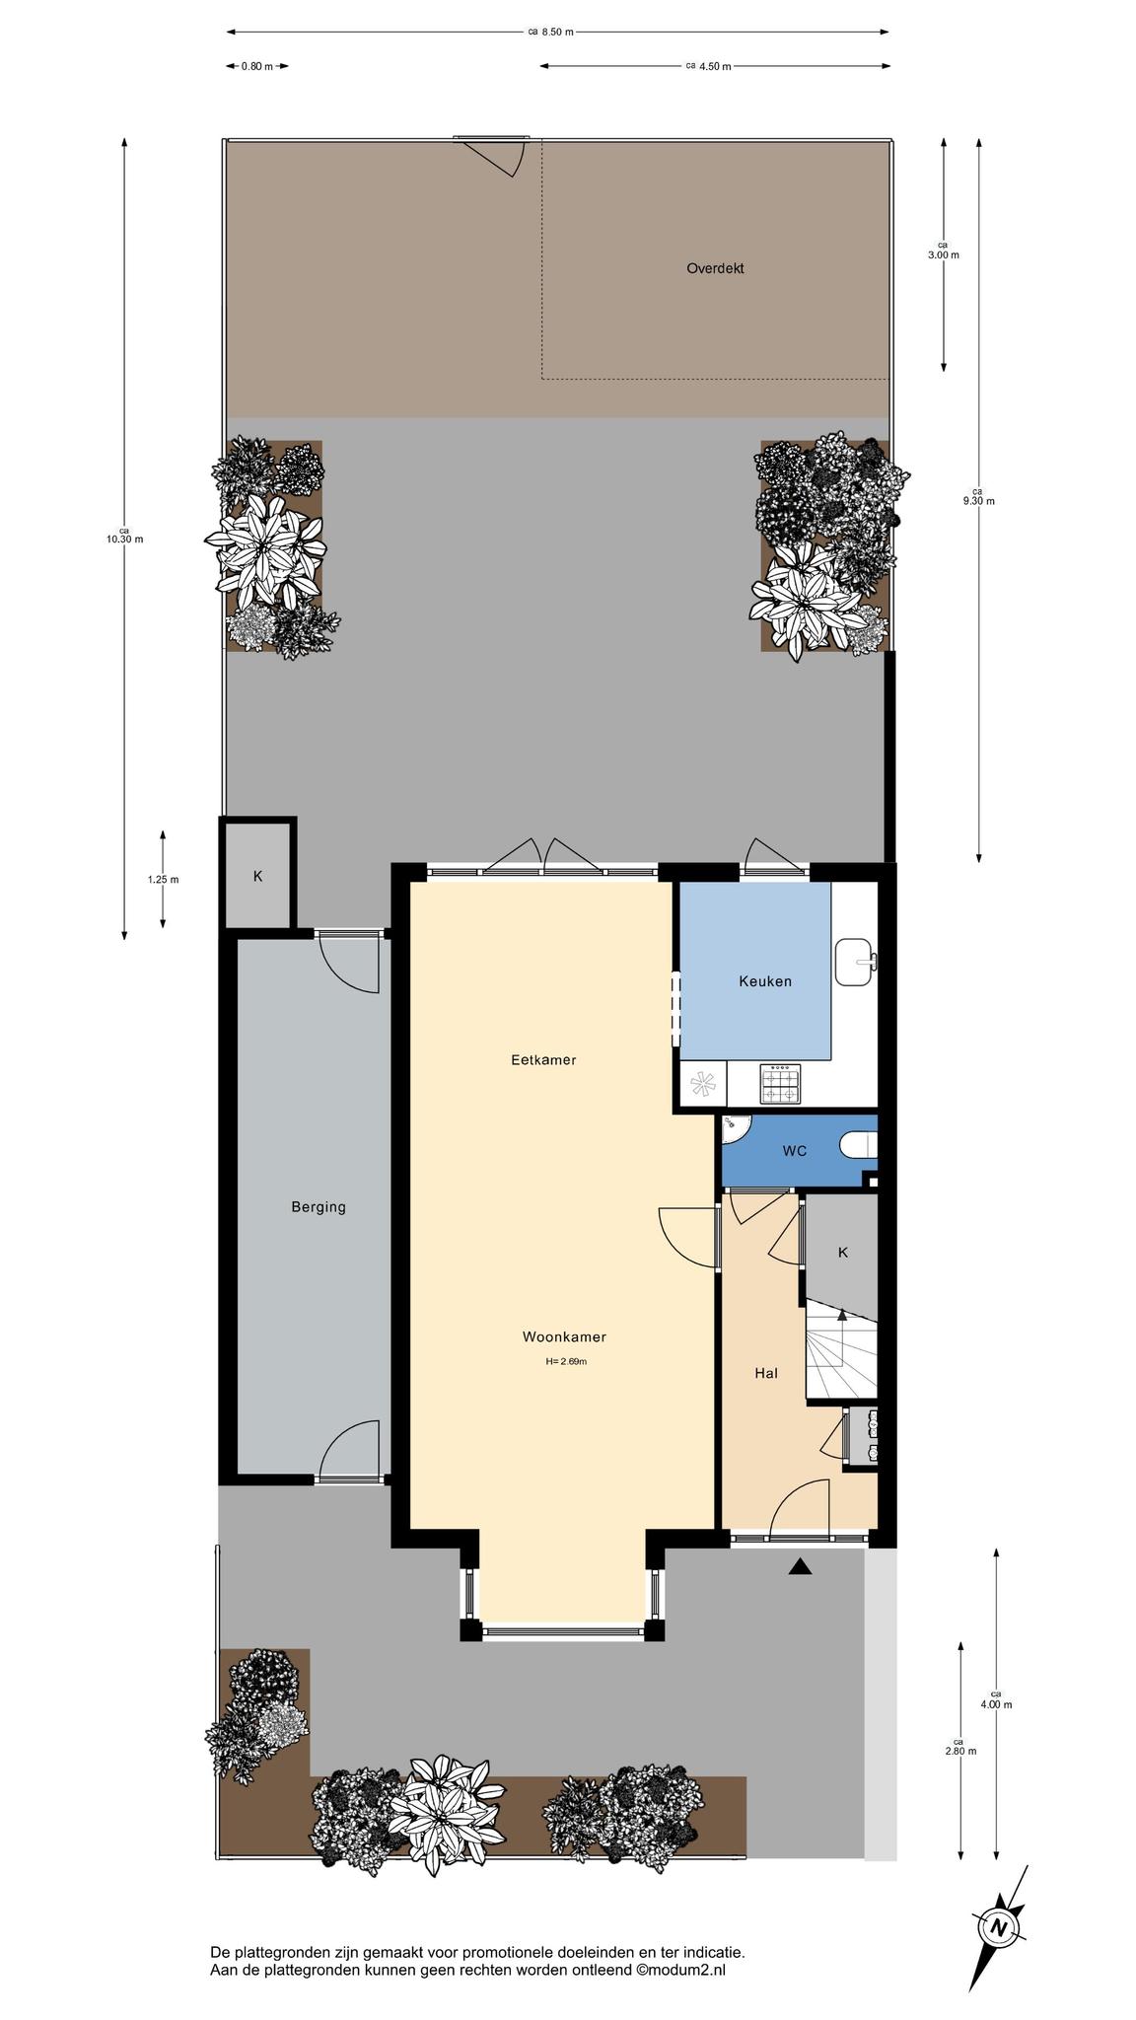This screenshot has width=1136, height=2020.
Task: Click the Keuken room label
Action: coord(765,981)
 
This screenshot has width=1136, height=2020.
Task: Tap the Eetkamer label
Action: coord(543,1060)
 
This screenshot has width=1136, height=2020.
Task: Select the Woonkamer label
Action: coord(564,1337)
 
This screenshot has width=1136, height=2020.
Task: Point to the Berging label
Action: coord(319,1206)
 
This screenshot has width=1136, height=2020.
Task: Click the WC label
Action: coord(795,1150)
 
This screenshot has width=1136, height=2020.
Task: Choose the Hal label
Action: coord(766,1372)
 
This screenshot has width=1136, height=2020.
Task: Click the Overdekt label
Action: coord(715,267)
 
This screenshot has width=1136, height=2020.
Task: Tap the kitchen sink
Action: coord(855,962)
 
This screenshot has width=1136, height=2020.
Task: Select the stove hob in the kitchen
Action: coord(779,1084)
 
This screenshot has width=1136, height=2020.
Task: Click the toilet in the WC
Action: coord(859,1146)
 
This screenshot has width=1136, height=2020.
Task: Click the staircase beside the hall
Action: coord(841,1348)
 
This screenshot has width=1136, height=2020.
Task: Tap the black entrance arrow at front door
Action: coord(800,1566)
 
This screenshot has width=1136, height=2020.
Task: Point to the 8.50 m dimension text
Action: coord(557,32)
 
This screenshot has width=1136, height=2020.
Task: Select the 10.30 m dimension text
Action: coord(125,539)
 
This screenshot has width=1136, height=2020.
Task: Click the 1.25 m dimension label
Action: coord(164,879)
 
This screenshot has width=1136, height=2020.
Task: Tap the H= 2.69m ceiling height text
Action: coord(566,1361)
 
